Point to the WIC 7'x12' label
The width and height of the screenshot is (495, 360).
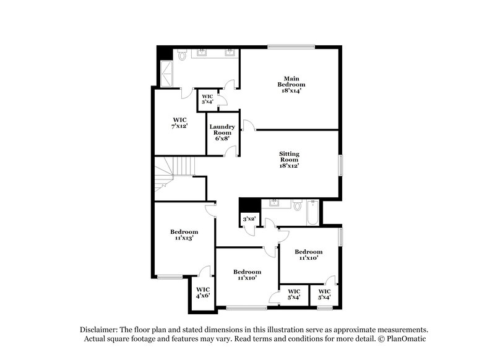[x=179, y=122]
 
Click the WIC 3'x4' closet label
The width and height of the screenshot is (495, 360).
[x=207, y=99]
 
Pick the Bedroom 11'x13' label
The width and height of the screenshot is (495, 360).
[x=184, y=234]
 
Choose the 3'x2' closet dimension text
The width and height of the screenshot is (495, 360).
[x=249, y=219]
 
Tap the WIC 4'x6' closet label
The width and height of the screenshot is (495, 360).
[x=203, y=293]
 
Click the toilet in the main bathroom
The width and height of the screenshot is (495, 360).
[x=184, y=56]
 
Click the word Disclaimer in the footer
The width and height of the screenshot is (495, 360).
[x=99, y=330]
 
